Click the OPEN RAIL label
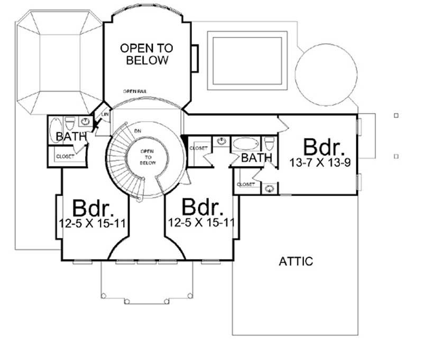point(135,91)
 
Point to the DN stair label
point(139,130)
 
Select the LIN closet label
point(105,113)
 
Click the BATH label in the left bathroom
point(71,137)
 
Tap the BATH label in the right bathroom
point(257,158)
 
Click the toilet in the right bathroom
point(268,144)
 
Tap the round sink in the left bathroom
point(85,123)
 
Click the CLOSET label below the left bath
point(65,156)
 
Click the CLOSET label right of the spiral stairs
point(198,148)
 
